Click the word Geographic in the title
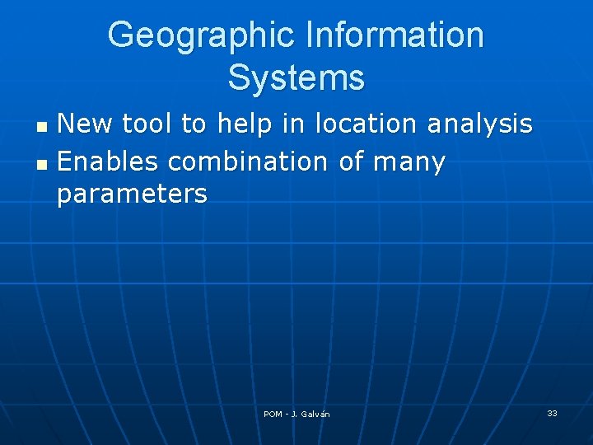pos(199,35)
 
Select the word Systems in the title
pos(296,78)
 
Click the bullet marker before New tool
pos(44,128)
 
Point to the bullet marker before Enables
pos(44,165)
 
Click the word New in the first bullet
pos(86,124)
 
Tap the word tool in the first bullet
pos(149,124)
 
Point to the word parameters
pos(132,195)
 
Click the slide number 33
pos(552,413)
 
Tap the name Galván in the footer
pos(315,414)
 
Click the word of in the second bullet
pos(351,162)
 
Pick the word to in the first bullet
pos(194,124)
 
